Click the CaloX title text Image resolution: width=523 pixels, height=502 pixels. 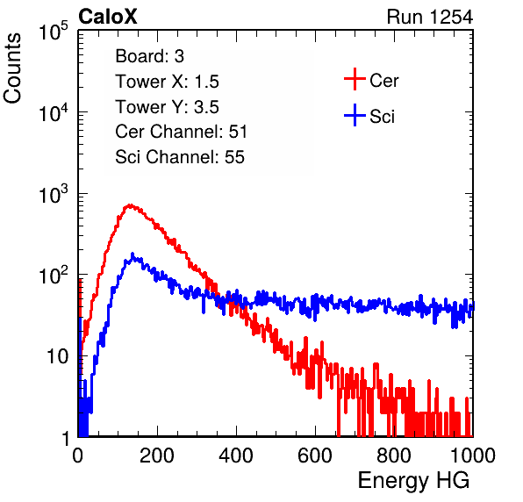click(x=108, y=17)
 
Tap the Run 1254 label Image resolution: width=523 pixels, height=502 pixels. click(x=430, y=17)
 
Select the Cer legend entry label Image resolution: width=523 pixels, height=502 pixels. click(x=383, y=81)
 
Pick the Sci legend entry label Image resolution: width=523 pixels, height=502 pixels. click(x=383, y=117)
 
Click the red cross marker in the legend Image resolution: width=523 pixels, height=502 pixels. click(x=355, y=79)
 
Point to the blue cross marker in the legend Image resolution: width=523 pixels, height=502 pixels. click(x=355, y=115)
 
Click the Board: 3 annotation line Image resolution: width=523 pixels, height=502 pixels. click(x=150, y=56)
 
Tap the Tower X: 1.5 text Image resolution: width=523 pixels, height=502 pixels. click(x=167, y=82)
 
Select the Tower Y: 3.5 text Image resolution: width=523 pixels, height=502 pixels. click(x=167, y=107)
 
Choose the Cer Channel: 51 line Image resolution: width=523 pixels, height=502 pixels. click(x=181, y=132)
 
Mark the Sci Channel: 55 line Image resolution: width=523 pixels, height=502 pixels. click(x=180, y=157)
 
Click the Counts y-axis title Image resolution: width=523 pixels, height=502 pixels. click(x=12, y=68)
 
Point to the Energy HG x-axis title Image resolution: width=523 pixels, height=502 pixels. click(x=413, y=481)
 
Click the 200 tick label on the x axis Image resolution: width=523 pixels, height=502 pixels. click(x=157, y=455)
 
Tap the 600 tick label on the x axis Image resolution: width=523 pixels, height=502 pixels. click(x=315, y=455)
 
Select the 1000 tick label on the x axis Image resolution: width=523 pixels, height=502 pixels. click(x=473, y=455)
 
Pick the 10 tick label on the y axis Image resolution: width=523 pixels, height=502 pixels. click(x=58, y=356)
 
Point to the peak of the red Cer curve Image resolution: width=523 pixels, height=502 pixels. click(x=131, y=205)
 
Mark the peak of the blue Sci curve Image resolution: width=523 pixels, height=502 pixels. click(x=133, y=255)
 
